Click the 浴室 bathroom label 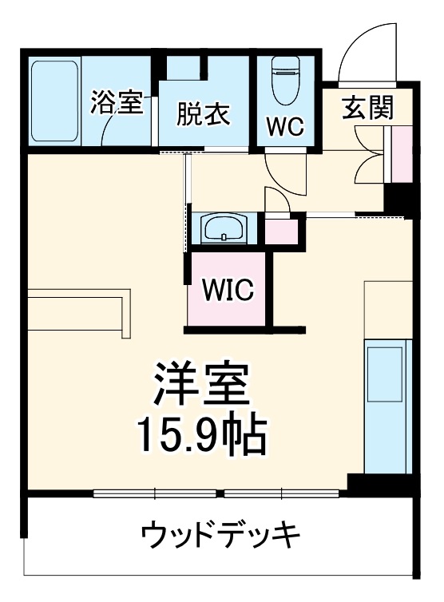[117, 103]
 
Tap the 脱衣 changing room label [203, 114]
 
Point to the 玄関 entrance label [368, 109]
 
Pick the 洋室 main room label [202, 384]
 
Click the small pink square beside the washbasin [280, 228]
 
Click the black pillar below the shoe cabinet [397, 198]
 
